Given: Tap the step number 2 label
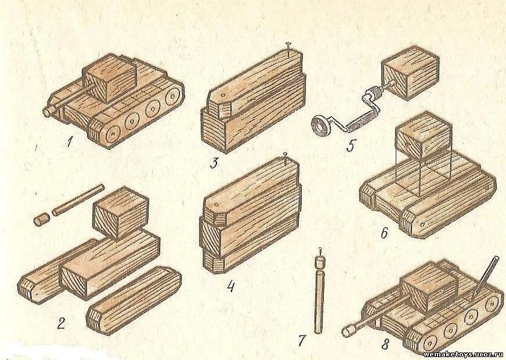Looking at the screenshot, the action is [61, 323].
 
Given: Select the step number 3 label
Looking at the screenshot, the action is [214, 163].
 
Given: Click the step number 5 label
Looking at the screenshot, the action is [350, 145].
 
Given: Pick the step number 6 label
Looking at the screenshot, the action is [384, 233].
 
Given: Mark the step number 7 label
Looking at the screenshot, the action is [302, 340].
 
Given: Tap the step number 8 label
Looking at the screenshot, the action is [385, 344].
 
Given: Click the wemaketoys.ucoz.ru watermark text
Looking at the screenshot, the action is [465, 355].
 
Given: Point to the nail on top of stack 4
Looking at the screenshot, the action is [285, 157].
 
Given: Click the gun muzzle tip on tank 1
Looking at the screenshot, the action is [48, 111].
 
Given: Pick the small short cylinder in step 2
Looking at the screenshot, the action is [41, 219].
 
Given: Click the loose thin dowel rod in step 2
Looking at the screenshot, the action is [78, 200].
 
